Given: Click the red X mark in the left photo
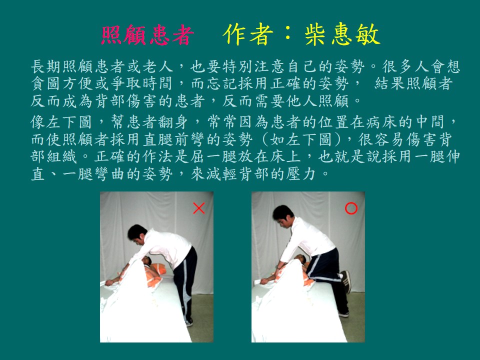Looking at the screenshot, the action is pyautogui.click(x=198, y=208).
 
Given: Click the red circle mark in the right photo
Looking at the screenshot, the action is pyautogui.click(x=351, y=208).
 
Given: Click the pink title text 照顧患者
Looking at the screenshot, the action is pyautogui.click(x=147, y=35).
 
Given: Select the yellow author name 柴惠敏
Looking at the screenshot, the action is pyautogui.click(x=342, y=34).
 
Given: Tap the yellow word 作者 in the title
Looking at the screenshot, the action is pyautogui.click(x=248, y=34).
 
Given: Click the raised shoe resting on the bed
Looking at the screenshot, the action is pyautogui.click(x=345, y=281).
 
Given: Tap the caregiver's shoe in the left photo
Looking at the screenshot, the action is pyautogui.click(x=189, y=322).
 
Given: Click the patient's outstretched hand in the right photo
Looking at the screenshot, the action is pyautogui.click(x=263, y=281).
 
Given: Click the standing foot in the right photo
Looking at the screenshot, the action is pyautogui.click(x=343, y=314).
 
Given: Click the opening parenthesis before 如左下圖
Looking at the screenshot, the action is pyautogui.click(x=265, y=139).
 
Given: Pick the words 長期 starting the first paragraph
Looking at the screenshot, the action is pyautogui.click(x=46, y=66).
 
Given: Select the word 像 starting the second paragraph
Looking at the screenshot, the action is pyautogui.click(x=38, y=122).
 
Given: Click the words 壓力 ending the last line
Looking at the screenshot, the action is pyautogui.click(x=300, y=174).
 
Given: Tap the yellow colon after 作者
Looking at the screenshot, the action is pyautogui.click(x=288, y=34).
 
